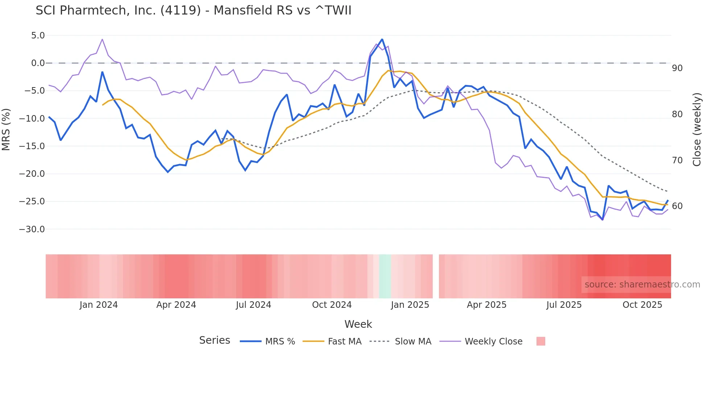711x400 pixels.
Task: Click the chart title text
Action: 193,11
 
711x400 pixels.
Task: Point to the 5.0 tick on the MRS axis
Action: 38,36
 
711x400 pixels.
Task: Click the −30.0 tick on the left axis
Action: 32,229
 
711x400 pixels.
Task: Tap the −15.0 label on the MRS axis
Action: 32,146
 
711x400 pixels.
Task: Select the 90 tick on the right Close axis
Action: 677,68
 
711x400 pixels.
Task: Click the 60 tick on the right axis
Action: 677,206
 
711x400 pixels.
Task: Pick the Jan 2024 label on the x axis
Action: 99,305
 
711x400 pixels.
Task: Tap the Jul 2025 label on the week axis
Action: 564,305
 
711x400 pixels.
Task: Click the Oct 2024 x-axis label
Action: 332,305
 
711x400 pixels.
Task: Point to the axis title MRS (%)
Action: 6,130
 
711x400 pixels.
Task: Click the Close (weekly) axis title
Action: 696,130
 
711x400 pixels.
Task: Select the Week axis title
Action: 358,324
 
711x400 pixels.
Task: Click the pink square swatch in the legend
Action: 541,342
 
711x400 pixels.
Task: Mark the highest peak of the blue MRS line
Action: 382,40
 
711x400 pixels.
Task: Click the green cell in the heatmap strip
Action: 385,276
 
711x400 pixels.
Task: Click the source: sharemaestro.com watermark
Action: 642,285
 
